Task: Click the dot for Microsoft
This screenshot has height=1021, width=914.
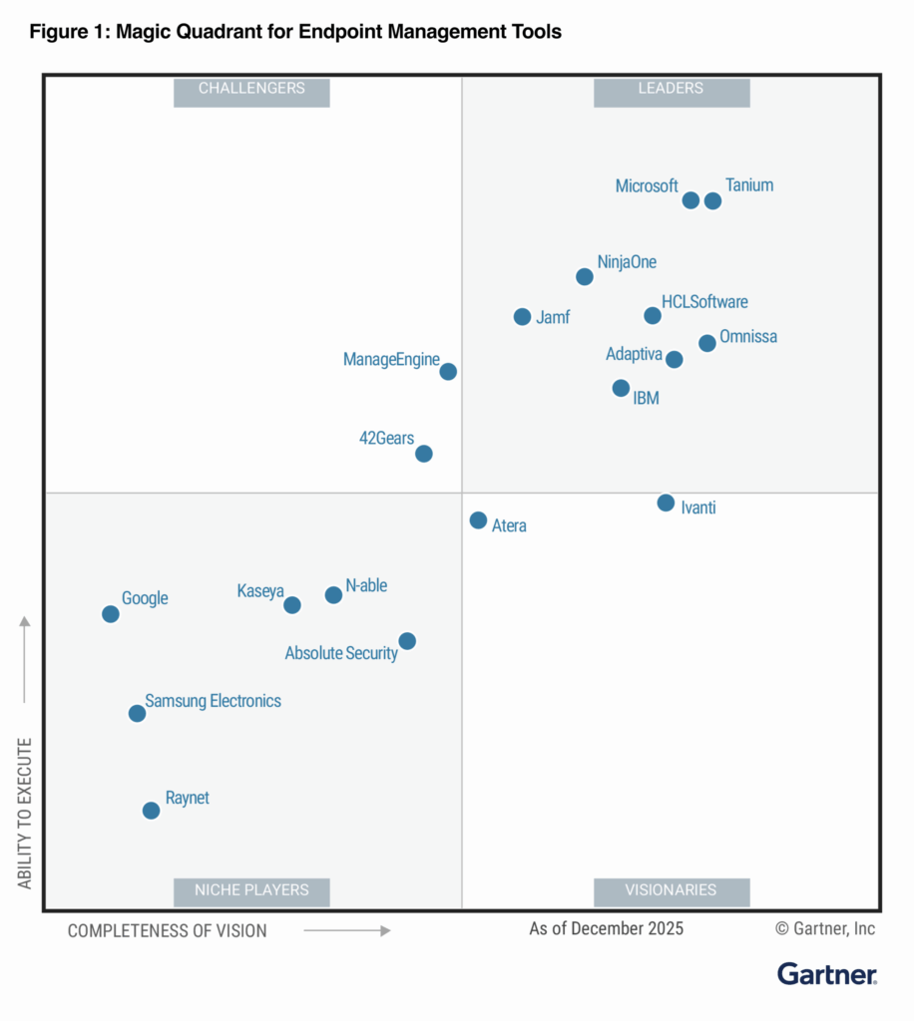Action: point(690,200)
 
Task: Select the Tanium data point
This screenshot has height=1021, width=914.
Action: point(712,200)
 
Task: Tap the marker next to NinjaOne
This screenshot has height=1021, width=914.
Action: point(585,276)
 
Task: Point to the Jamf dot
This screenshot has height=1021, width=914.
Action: point(522,317)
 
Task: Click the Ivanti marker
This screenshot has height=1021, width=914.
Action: point(666,503)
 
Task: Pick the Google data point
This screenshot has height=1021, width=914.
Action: point(111,614)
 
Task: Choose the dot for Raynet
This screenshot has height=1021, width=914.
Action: point(151,811)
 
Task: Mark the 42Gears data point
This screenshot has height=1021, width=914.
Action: point(424,454)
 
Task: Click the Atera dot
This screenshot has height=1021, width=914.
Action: point(478,520)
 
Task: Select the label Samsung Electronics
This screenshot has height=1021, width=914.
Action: point(214,701)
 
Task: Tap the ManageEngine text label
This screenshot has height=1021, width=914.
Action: point(391,360)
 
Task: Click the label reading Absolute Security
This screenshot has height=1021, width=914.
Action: point(341,654)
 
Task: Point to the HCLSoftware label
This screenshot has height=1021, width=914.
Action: point(704,302)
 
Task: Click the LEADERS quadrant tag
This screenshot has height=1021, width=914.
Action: point(671,89)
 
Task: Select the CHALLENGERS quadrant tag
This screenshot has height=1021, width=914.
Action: point(251,89)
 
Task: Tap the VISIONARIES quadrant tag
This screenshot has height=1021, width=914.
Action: point(671,890)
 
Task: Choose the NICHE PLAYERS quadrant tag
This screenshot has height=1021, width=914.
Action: point(251,890)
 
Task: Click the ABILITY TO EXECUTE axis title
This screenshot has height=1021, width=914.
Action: point(25,814)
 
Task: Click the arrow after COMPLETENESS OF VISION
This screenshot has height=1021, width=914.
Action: point(346,930)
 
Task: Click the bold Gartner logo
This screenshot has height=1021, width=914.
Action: point(827,974)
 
